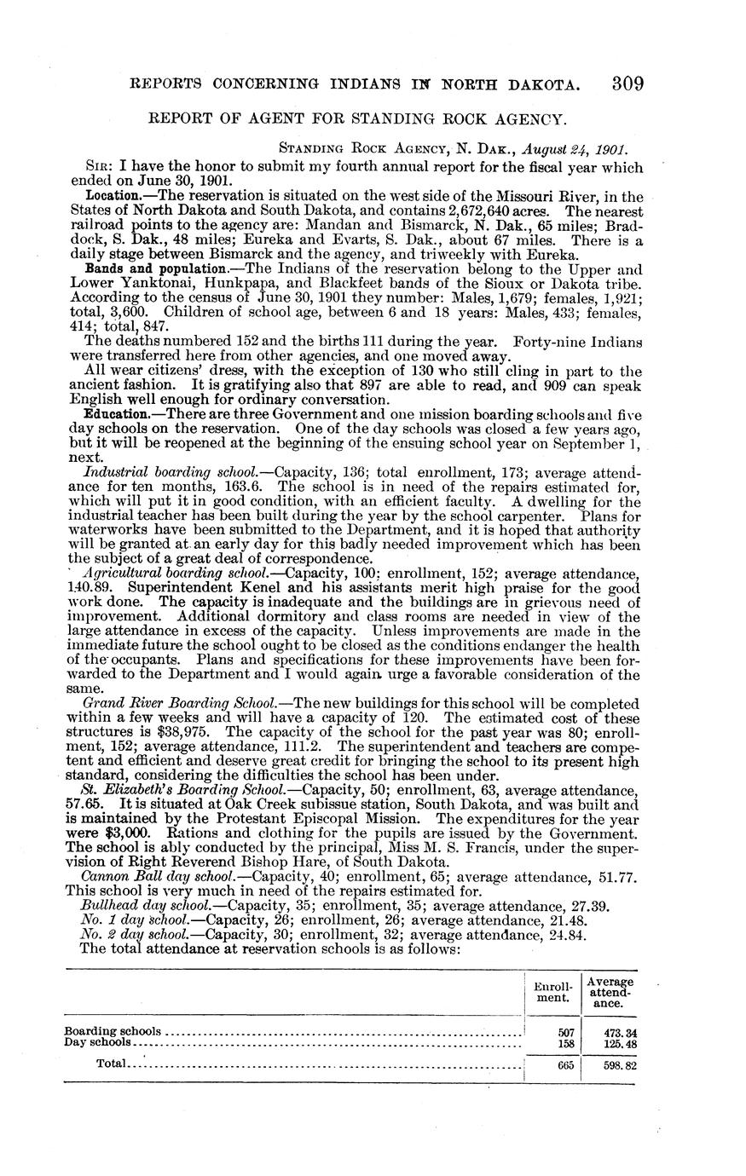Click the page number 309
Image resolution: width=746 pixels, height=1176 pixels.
pyautogui.click(x=627, y=84)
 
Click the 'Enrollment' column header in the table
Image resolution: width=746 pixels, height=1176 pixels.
pyautogui.click(x=551, y=991)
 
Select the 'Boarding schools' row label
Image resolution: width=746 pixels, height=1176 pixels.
pyautogui.click(x=113, y=1031)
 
